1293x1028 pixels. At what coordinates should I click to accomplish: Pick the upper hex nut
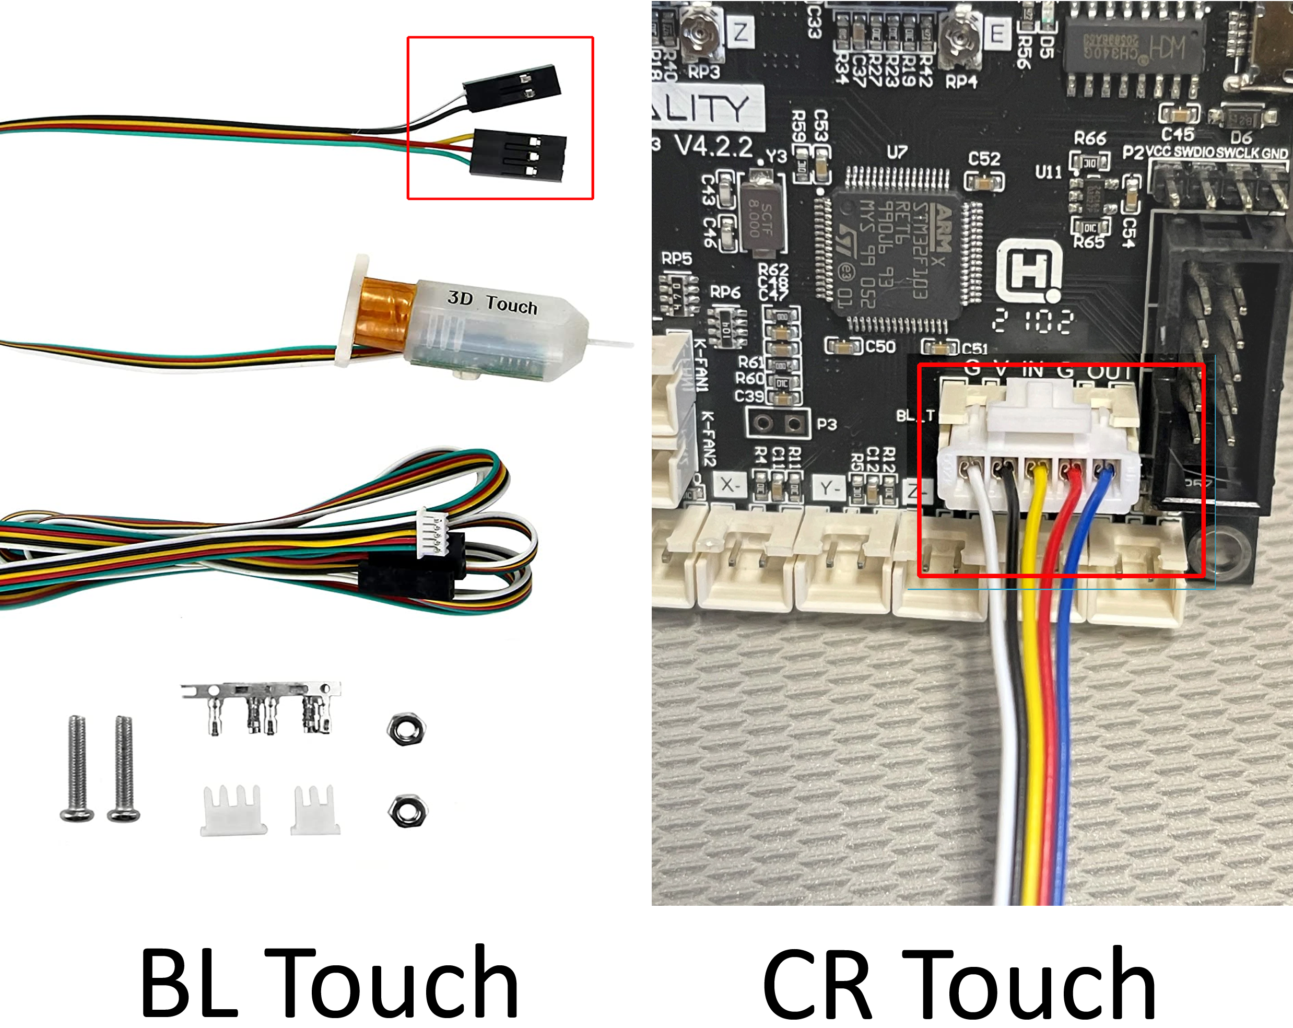point(406,729)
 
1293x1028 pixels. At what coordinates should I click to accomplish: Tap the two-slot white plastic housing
point(315,811)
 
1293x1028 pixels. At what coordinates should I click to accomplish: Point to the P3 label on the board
point(827,424)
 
